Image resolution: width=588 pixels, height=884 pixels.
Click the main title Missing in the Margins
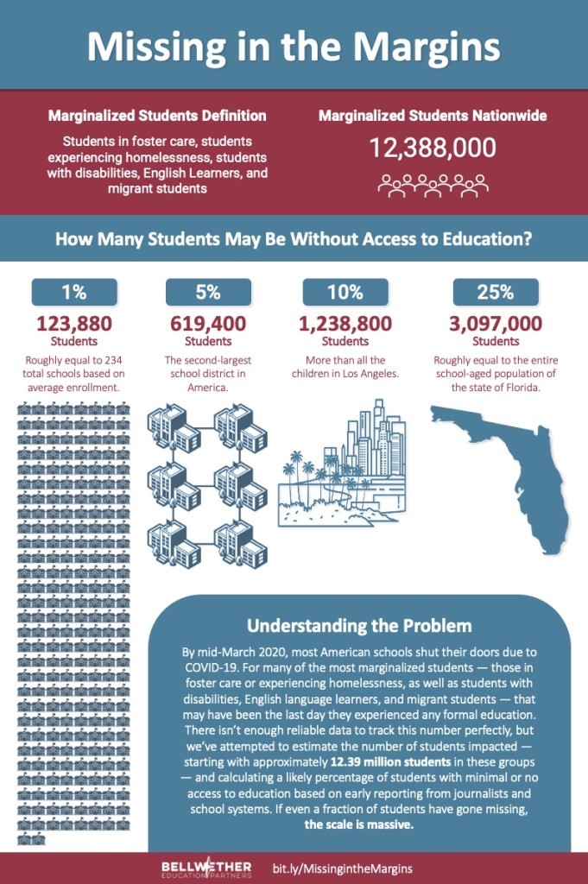[294, 45]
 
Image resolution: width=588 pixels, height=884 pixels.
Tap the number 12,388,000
[433, 148]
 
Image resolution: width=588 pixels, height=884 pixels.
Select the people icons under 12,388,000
[433, 185]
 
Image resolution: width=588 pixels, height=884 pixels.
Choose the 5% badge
[208, 292]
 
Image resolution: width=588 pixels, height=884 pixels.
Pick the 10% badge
[345, 292]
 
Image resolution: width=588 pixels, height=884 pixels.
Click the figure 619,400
[208, 325]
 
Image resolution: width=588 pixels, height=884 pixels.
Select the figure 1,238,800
[345, 325]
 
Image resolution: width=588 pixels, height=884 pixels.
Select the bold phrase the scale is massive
[359, 824]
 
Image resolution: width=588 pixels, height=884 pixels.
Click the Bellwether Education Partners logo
[206, 868]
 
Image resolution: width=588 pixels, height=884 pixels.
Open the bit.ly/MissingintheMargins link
[342, 868]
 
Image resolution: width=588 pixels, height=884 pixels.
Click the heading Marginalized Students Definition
[157, 116]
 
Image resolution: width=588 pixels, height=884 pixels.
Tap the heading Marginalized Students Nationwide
[433, 115]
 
